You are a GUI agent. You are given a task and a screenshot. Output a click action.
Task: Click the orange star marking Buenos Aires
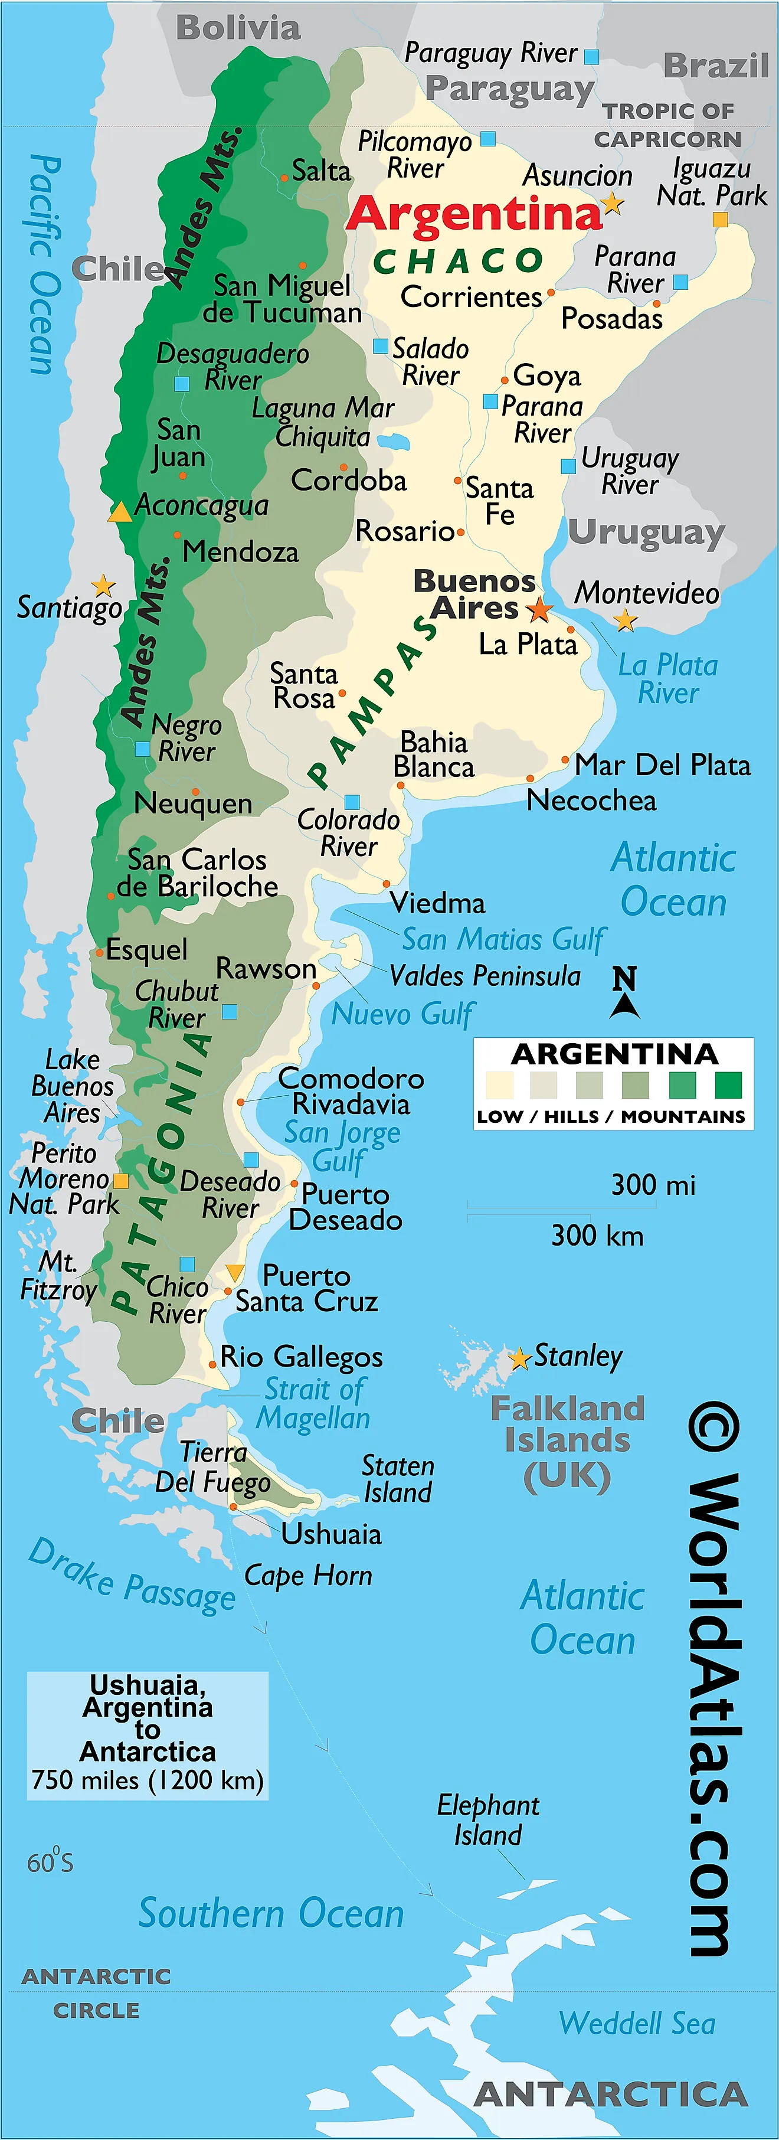pyautogui.click(x=539, y=610)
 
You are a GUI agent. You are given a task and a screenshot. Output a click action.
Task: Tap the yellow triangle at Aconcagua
pyautogui.click(x=120, y=512)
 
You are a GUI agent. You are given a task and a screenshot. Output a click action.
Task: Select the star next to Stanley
pyautogui.click(x=519, y=1359)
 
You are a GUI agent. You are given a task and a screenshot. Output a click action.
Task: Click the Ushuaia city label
pyautogui.click(x=330, y=1534)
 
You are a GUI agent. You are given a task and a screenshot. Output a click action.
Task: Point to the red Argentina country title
pyautogui.click(x=473, y=214)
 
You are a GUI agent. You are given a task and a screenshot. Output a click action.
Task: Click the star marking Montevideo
pyautogui.click(x=626, y=620)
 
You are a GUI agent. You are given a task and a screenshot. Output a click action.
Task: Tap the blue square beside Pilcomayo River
pyautogui.click(x=488, y=139)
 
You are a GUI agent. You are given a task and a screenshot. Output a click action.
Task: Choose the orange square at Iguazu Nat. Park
pyautogui.click(x=720, y=220)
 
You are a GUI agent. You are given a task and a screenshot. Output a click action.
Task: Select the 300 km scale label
pyautogui.click(x=597, y=1236)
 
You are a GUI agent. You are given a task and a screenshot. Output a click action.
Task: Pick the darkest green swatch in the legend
pyautogui.click(x=728, y=1085)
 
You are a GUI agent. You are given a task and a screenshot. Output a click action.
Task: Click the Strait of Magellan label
pyautogui.click(x=314, y=1403)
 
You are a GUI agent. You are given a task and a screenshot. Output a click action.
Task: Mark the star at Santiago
pyautogui.click(x=103, y=586)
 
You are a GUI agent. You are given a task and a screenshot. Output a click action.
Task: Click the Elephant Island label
pyautogui.click(x=487, y=1819)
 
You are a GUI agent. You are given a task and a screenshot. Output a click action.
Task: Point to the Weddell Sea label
pyautogui.click(x=637, y=2023)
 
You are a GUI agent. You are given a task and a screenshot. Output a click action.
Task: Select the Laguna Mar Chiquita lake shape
pyautogui.click(x=392, y=441)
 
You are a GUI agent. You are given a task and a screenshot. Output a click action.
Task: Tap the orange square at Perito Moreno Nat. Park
pyautogui.click(x=120, y=1181)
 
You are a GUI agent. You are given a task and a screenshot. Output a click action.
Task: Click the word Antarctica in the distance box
pyautogui.click(x=148, y=1751)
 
